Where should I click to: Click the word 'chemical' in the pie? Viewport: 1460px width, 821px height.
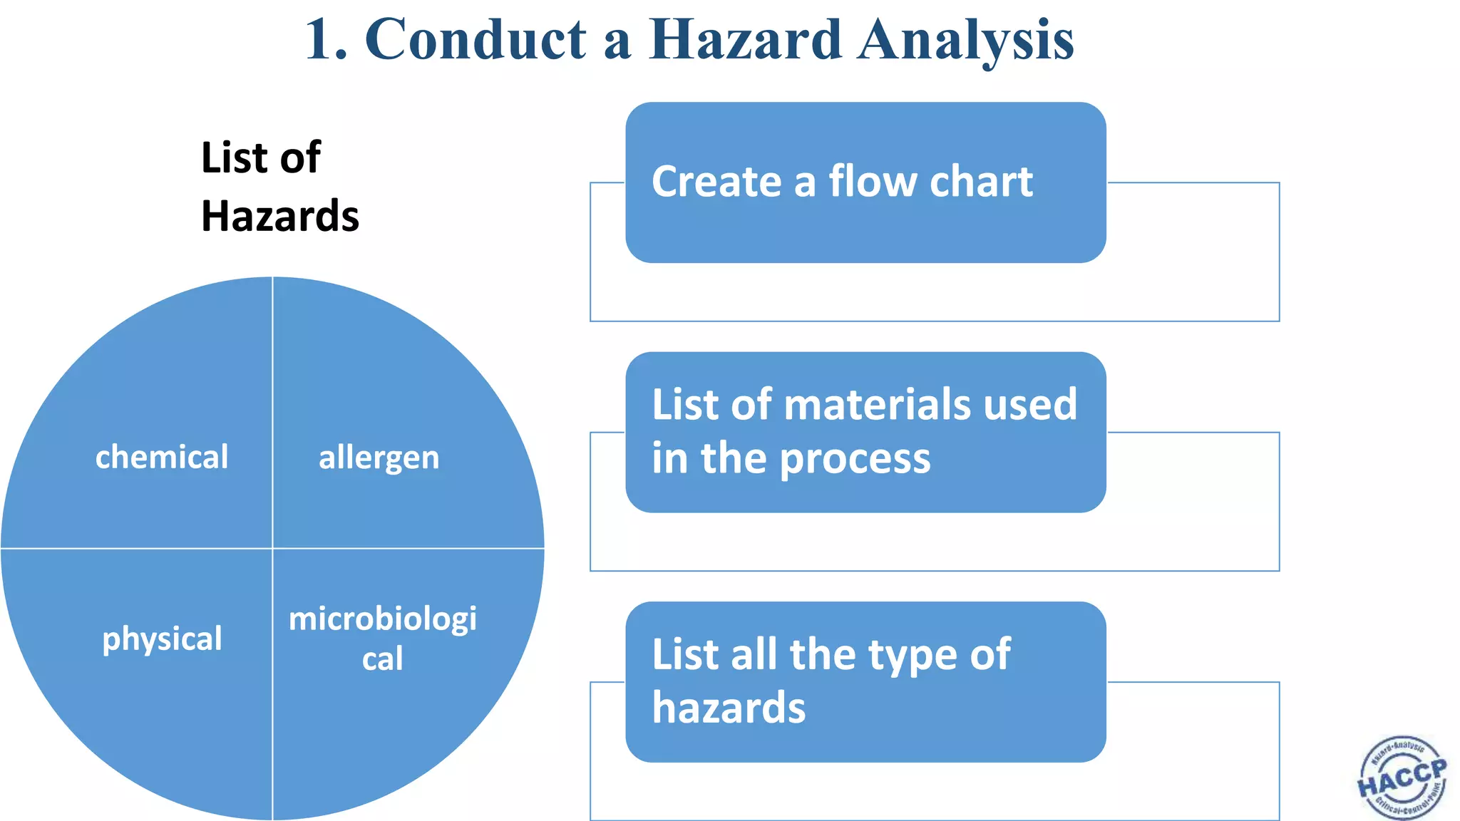(162, 457)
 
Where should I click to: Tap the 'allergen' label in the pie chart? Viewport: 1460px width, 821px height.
(379, 458)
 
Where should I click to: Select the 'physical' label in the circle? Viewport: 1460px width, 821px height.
(162, 639)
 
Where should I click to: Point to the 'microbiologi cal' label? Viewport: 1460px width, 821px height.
(383, 638)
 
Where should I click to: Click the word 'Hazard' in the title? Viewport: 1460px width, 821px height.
(745, 39)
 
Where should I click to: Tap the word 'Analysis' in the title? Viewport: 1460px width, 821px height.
(966, 41)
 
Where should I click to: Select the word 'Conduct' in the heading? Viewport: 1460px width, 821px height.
(475, 39)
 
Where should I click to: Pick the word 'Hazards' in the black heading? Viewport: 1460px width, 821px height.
(280, 216)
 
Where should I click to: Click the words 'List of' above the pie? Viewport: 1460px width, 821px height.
(261, 158)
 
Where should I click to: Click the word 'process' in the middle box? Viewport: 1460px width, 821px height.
(855, 459)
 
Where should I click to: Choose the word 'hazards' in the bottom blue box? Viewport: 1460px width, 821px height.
(729, 708)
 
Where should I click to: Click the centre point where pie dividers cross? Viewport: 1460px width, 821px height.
(272, 548)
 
